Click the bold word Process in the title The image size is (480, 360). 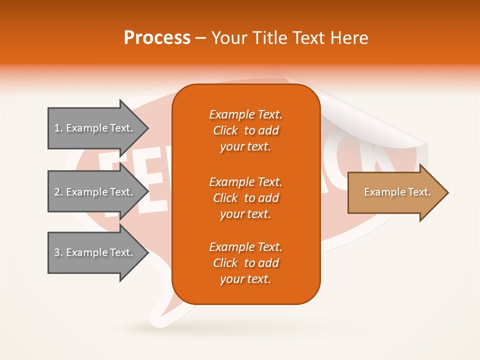pos(157,38)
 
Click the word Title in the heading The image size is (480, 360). pos(269,38)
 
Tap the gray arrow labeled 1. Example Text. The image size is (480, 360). pos(95,128)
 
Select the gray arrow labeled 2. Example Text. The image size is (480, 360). pos(95,192)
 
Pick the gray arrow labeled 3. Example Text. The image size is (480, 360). pos(95,252)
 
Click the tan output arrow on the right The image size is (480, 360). pos(395,192)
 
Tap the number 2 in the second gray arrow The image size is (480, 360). pos(56,192)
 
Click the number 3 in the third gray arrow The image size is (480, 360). pos(56,252)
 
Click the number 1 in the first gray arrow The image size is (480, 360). pos(56,128)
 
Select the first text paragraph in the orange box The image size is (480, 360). pos(245,130)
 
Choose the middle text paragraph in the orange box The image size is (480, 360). pos(245,198)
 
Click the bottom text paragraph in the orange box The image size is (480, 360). pos(245,263)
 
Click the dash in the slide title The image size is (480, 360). pos(200,38)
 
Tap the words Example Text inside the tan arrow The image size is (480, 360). pos(397,192)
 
